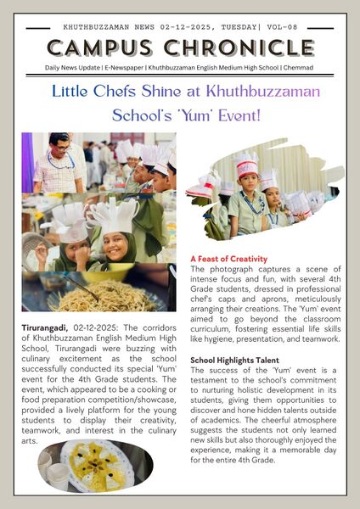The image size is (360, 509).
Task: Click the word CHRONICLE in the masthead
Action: pyautogui.click(x=242, y=47)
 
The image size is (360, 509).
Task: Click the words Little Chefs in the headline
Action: pyautogui.click(x=102, y=91)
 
